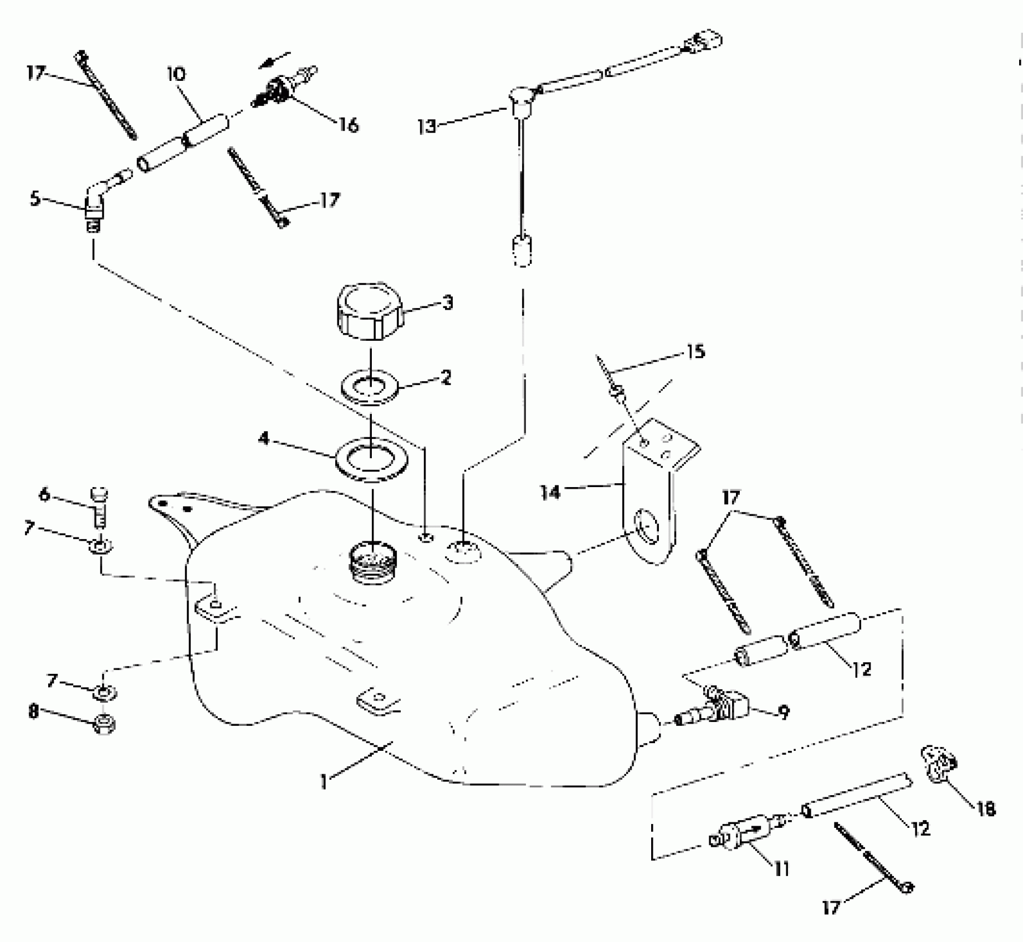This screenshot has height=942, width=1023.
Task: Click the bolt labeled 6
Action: [x=99, y=505]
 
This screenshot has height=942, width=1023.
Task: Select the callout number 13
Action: [x=427, y=127]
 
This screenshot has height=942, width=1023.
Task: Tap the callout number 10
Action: [x=177, y=74]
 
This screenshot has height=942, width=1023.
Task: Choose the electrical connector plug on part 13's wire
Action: [x=702, y=42]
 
